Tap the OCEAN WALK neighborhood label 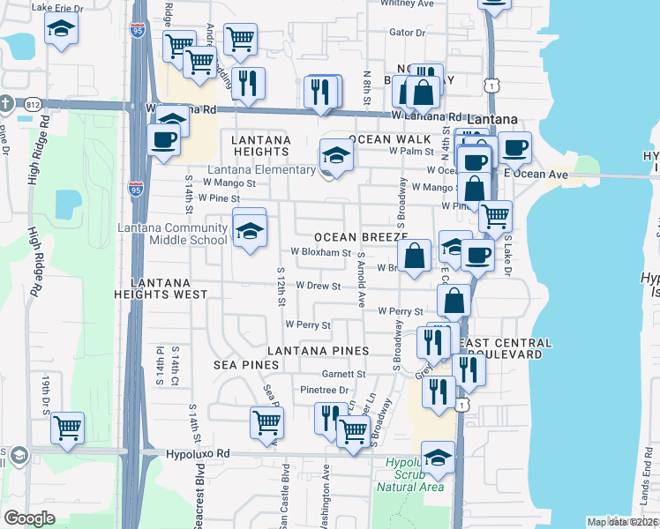[388, 139]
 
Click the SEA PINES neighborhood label [238, 364]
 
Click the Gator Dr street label [407, 33]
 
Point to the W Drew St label [318, 286]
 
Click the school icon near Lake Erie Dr [61, 32]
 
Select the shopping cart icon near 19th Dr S [67, 428]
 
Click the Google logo [30, 518]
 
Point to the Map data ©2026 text [621, 522]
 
